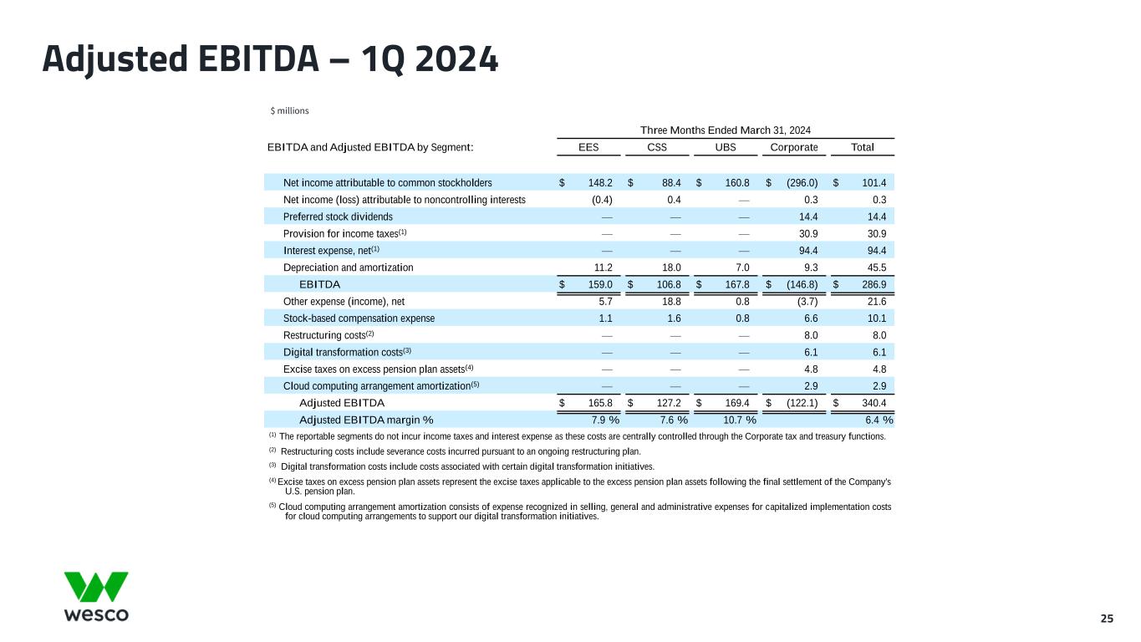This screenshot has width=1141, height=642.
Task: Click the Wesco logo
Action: pyautogui.click(x=96, y=597)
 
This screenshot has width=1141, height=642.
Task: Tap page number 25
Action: pyautogui.click(x=1107, y=619)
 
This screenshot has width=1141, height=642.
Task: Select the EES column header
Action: pyautogui.click(x=588, y=148)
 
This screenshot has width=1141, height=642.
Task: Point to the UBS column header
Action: pyautogui.click(x=726, y=148)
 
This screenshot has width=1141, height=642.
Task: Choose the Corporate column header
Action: pyautogui.click(x=793, y=148)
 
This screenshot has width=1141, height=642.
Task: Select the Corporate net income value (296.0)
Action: pyautogui.click(x=800, y=183)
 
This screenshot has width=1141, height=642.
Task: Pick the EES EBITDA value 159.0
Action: pyautogui.click(x=595, y=284)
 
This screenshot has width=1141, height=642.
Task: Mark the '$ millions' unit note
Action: pyautogui.click(x=289, y=110)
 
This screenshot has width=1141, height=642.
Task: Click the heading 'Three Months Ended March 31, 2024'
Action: pyautogui.click(x=726, y=130)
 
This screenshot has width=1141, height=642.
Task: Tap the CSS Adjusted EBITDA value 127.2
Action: pyautogui.click(x=665, y=403)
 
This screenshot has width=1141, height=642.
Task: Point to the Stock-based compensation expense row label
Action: pyautogui.click(x=359, y=318)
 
